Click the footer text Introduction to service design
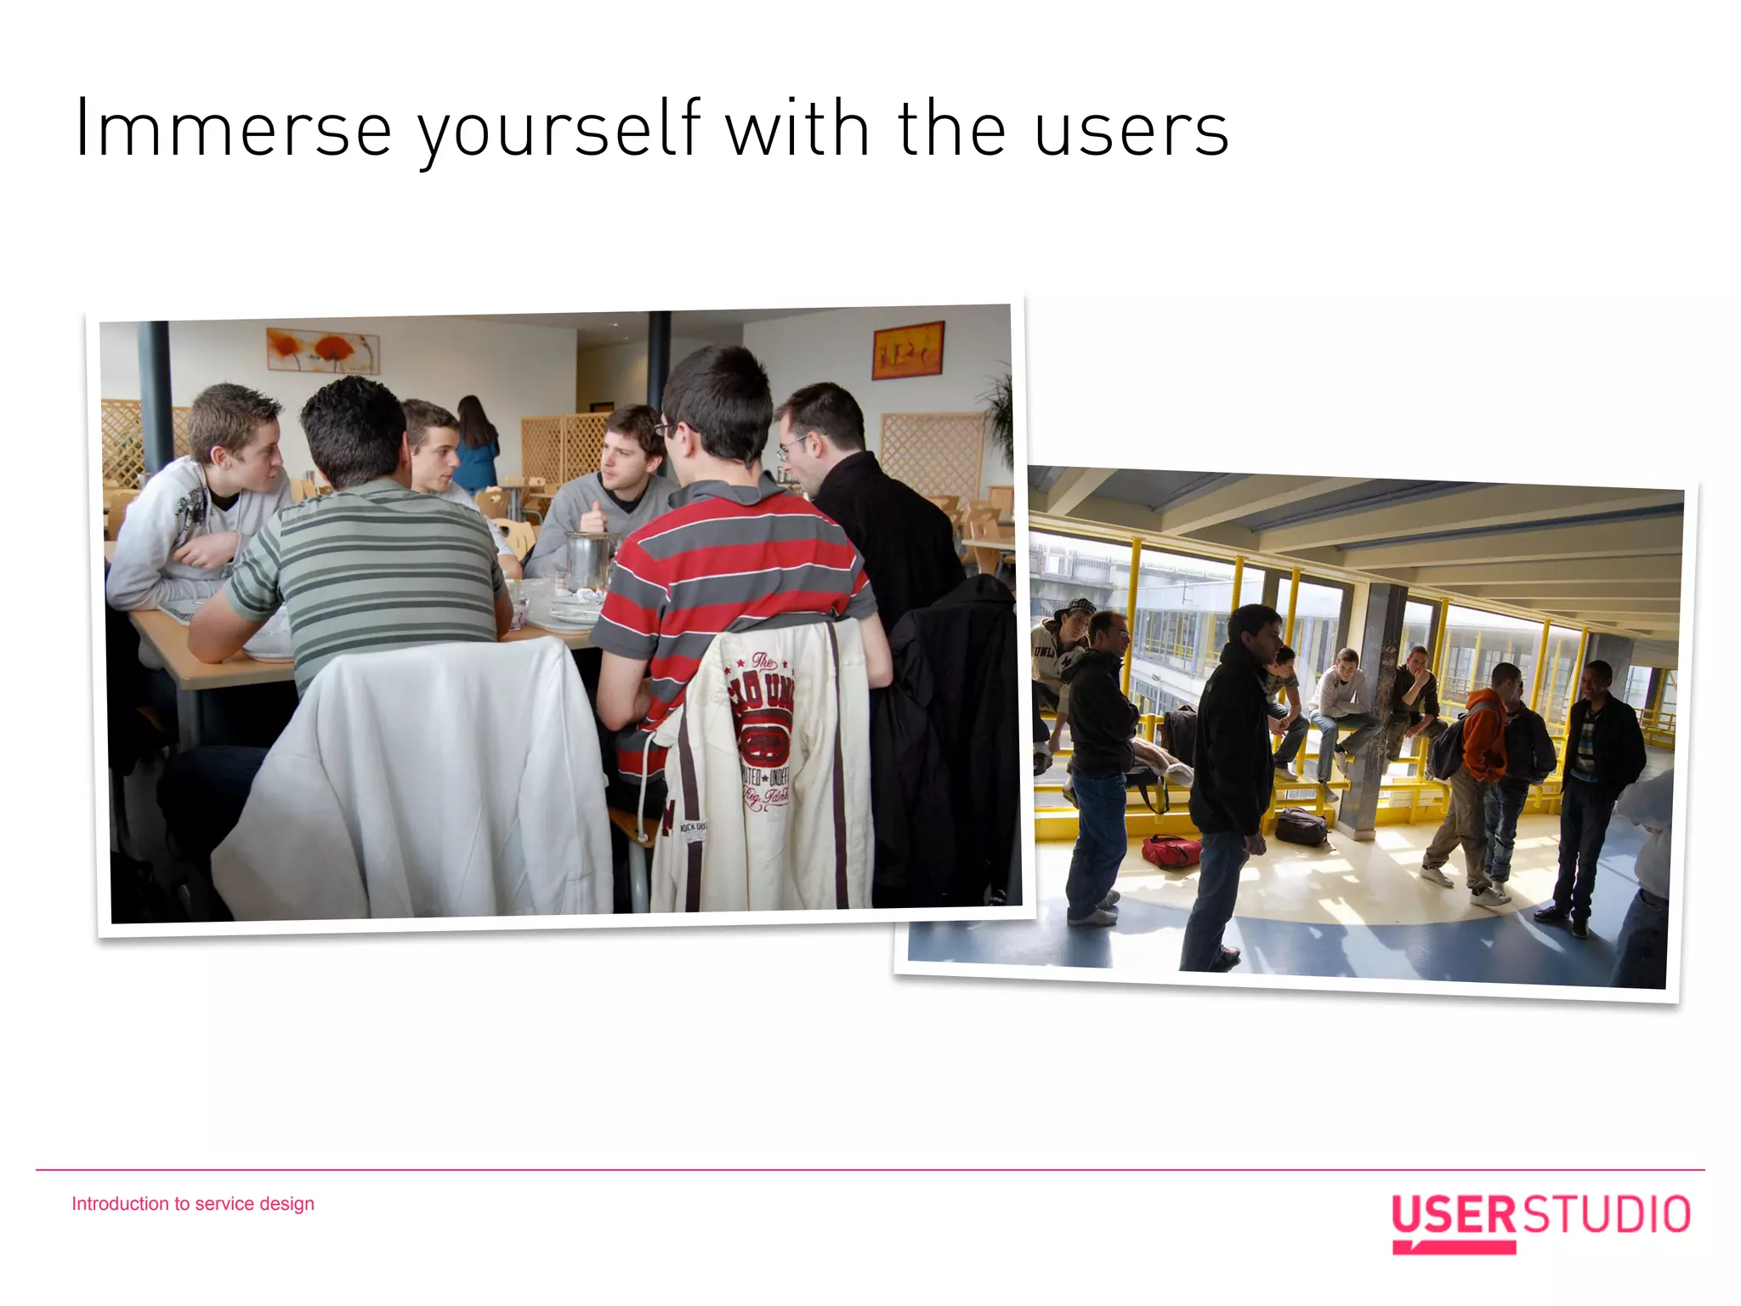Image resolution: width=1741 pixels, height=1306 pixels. (x=193, y=1203)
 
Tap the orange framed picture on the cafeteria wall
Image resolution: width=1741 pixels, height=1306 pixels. (x=908, y=349)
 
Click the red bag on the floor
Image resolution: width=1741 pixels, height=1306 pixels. (x=1171, y=850)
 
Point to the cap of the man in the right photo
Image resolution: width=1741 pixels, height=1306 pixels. (x=1074, y=606)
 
